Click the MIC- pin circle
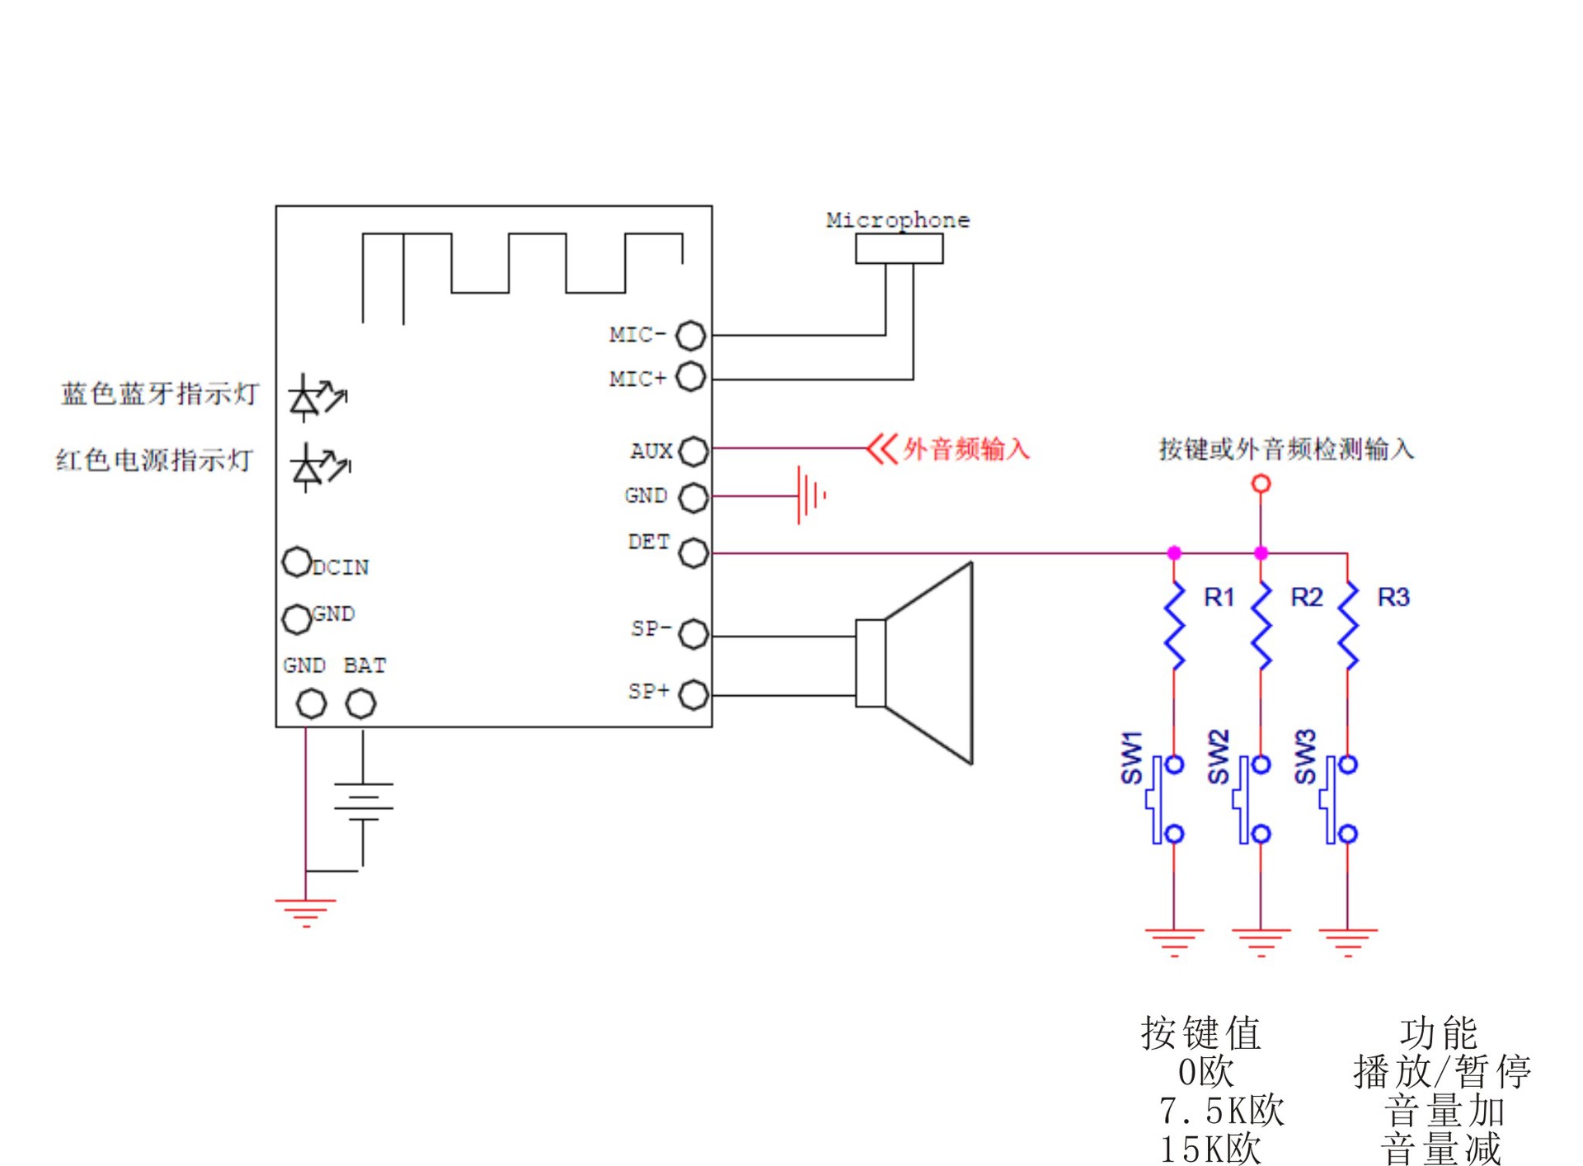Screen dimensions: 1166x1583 (x=690, y=335)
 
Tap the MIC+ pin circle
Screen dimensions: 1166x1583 (x=690, y=377)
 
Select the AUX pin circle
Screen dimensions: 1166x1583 (x=693, y=450)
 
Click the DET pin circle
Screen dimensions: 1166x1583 (x=693, y=552)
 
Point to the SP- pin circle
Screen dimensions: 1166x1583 (x=693, y=633)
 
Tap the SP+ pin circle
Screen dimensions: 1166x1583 (x=693, y=694)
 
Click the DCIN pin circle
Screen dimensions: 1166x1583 (x=296, y=562)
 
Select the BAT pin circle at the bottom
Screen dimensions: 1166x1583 (x=360, y=703)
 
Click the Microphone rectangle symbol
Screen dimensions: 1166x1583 (x=899, y=248)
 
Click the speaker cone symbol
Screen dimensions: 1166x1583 (x=928, y=664)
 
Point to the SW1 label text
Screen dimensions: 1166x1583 (x=1131, y=757)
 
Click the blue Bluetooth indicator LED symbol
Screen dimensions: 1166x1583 (x=314, y=397)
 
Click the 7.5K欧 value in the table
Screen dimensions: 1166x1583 (x=1221, y=1111)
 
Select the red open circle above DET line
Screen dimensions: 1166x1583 (x=1261, y=483)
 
